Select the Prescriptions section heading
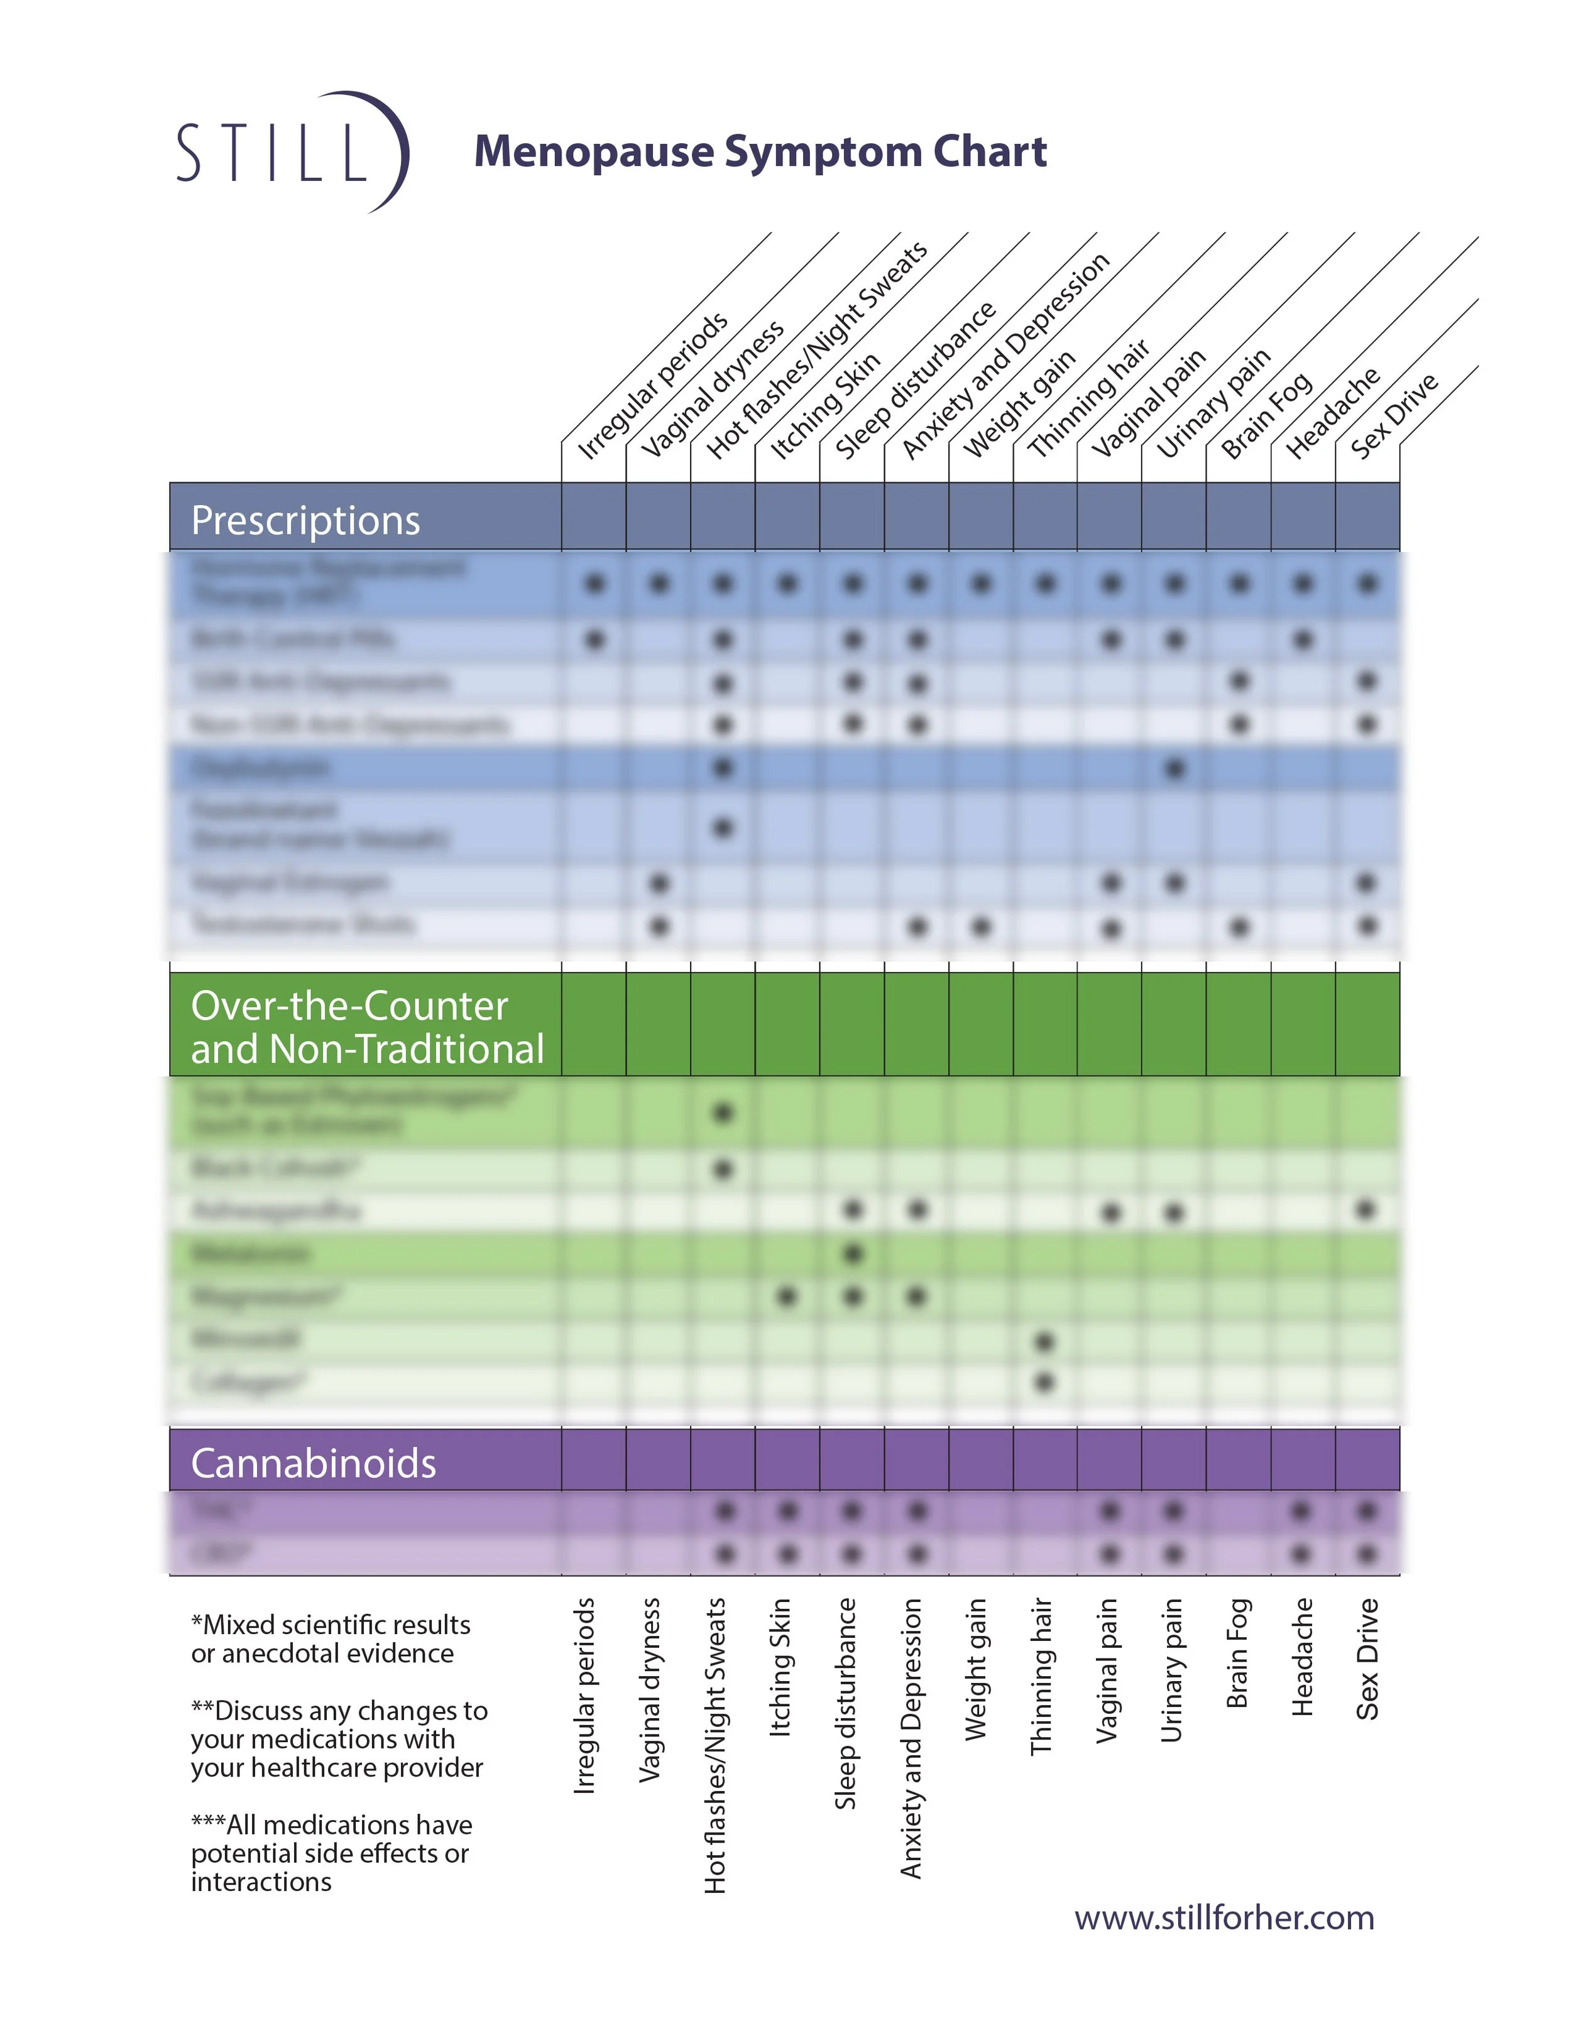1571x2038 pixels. (x=305, y=520)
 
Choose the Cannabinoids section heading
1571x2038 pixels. (x=313, y=1463)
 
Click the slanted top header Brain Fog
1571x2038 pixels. (x=1267, y=416)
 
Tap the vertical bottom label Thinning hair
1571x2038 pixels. (x=1041, y=1676)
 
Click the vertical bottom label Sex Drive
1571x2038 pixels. (x=1367, y=1658)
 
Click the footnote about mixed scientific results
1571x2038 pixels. (x=331, y=1638)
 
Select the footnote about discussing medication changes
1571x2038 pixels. (x=338, y=1738)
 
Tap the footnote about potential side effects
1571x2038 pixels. (x=331, y=1852)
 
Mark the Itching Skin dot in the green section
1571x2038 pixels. (x=787, y=1296)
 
